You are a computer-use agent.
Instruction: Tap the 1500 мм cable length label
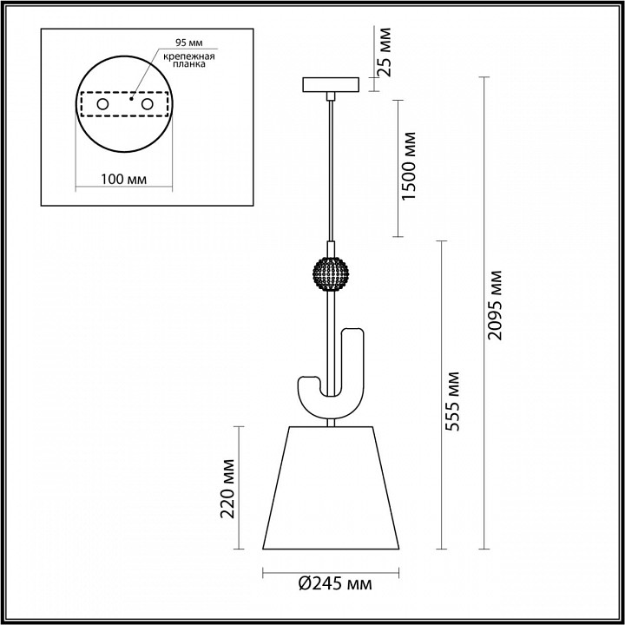pyautogui.click(x=410, y=168)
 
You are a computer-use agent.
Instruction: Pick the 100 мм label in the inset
pyautogui.click(x=122, y=179)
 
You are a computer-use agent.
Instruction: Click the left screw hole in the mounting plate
pyautogui.click(x=102, y=104)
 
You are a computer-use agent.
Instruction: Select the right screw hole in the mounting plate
pyautogui.click(x=147, y=104)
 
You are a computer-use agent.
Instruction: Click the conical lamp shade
pyautogui.click(x=330, y=486)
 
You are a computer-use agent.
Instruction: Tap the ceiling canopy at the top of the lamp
pyautogui.click(x=330, y=86)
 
